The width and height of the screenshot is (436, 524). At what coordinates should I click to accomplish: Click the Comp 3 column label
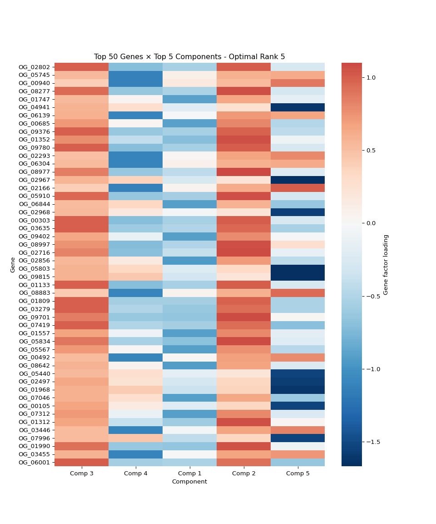pyautogui.click(x=82, y=473)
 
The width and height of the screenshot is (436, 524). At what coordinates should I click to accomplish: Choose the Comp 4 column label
pyautogui.click(x=135, y=473)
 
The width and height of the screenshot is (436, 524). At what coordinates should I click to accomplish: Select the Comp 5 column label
pyautogui.click(x=297, y=473)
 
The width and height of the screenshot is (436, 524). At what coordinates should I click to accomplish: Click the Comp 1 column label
pyautogui.click(x=189, y=473)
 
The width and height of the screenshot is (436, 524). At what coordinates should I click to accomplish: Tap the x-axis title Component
pyautogui.click(x=189, y=482)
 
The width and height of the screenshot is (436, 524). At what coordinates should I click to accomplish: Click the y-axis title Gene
pyautogui.click(x=13, y=265)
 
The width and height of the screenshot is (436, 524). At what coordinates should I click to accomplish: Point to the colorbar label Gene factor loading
pyautogui.click(x=386, y=265)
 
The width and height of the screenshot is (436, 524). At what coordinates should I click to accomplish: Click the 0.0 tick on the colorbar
pyautogui.click(x=372, y=223)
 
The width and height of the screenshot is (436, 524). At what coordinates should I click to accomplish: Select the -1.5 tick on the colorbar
pyautogui.click(x=373, y=442)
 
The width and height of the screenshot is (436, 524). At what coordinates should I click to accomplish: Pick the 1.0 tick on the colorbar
pyautogui.click(x=372, y=78)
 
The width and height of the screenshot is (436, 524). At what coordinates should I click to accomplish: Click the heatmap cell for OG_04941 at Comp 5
pyautogui.click(x=297, y=107)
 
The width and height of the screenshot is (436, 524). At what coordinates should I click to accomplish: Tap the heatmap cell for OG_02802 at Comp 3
pyautogui.click(x=82, y=67)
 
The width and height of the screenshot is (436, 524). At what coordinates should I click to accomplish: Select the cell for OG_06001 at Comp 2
pyautogui.click(x=243, y=462)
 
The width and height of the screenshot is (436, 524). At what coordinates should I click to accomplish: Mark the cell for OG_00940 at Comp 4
pyautogui.click(x=135, y=83)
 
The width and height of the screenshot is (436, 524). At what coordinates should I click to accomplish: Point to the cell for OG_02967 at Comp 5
pyautogui.click(x=297, y=180)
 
